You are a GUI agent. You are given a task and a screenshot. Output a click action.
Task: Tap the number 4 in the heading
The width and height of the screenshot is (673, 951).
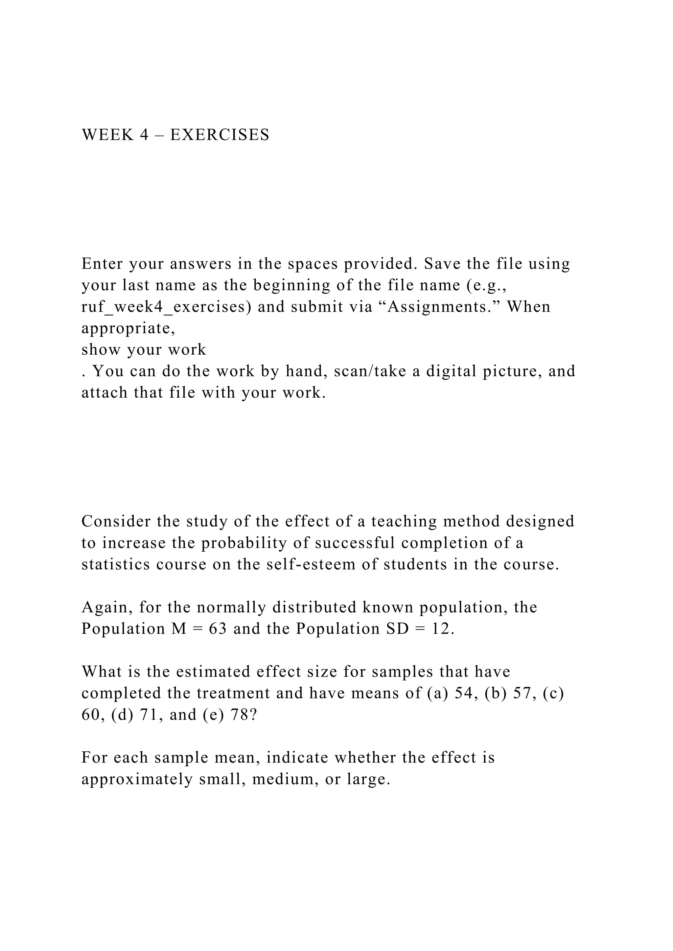pos(144,135)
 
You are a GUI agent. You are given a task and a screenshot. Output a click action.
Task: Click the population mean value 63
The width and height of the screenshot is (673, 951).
pos(218,629)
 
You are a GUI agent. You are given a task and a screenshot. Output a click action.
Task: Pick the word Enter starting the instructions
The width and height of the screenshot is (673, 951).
pos(102,264)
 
